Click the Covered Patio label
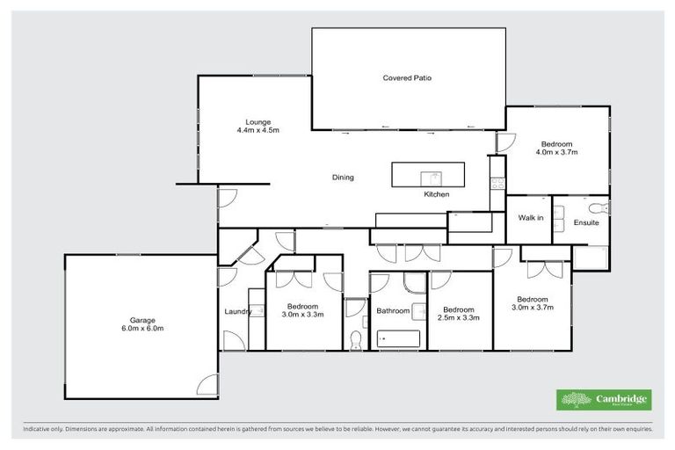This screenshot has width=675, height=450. point(407,78)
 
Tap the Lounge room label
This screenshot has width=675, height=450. point(258,122)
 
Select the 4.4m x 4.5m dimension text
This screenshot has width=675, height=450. point(258,131)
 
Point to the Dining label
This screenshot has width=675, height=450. point(343,178)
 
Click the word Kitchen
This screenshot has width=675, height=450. point(437,194)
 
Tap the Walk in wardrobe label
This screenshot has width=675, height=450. point(530,218)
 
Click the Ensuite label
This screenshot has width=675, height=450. point(586,222)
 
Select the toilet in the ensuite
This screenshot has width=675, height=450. point(600,208)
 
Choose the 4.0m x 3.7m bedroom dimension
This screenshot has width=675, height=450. point(556,153)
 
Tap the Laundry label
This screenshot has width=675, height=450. point(238,311)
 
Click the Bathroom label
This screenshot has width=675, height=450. point(393,310)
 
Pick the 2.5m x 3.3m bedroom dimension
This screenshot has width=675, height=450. point(459,318)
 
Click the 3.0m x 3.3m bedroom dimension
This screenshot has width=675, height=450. point(303,314)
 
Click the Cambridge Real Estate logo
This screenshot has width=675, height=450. point(604,400)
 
